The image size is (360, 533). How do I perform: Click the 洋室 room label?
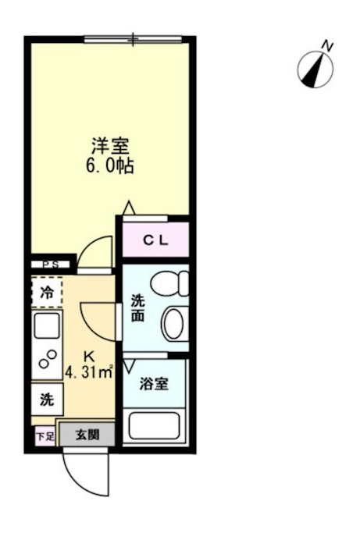pyautogui.click(x=110, y=145)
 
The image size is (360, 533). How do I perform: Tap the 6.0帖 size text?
pyautogui.click(x=110, y=165)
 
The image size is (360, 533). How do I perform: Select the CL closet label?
pyautogui.click(x=155, y=241)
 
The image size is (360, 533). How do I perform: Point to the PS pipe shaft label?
pyautogui.click(x=50, y=265)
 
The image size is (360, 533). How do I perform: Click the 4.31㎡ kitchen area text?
pyautogui.click(x=91, y=371)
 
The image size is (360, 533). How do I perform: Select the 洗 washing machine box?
pyautogui.click(x=47, y=400)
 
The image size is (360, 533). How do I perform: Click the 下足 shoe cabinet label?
pyautogui.click(x=45, y=436)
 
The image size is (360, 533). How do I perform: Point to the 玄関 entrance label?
pyautogui.click(x=86, y=435)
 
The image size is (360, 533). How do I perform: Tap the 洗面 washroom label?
pyautogui.click(x=138, y=307)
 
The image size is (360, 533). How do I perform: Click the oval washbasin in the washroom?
pyautogui.click(x=174, y=322)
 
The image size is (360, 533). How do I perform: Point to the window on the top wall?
pyautogui.click(x=134, y=37)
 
